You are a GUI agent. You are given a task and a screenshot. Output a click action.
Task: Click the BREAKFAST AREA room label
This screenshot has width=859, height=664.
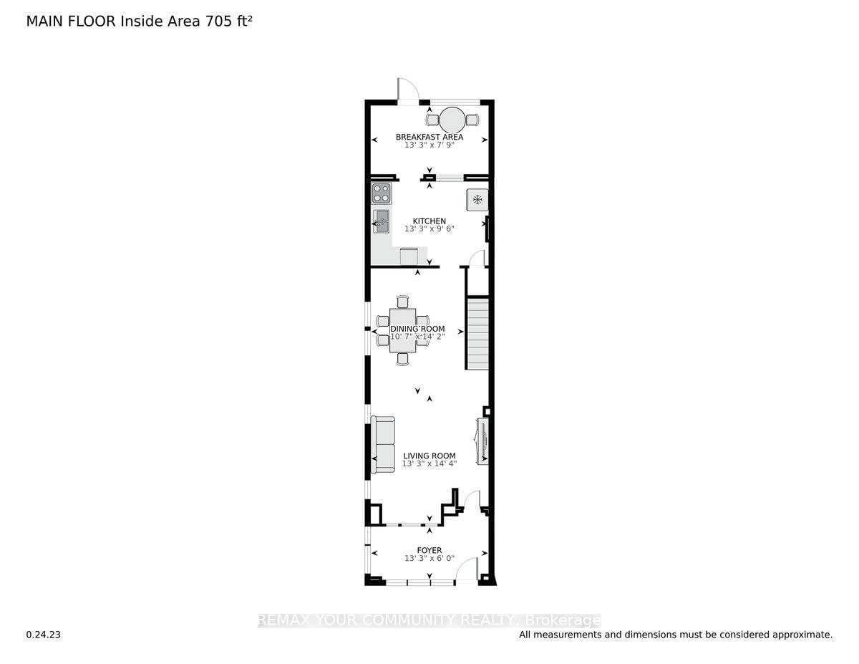click(x=429, y=137)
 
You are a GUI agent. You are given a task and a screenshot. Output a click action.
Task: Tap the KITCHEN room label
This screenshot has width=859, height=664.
click(x=429, y=221)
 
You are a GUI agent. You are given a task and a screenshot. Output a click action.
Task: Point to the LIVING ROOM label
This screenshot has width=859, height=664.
click(x=429, y=456)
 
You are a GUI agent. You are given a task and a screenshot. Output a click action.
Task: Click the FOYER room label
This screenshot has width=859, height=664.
click(x=429, y=550)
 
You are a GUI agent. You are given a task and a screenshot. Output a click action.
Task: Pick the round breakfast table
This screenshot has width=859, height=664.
click(x=452, y=119)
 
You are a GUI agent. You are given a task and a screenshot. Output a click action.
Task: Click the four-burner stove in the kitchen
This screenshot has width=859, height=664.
click(x=382, y=193)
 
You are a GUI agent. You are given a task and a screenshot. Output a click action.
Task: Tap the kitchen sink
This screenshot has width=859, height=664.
click(x=381, y=221)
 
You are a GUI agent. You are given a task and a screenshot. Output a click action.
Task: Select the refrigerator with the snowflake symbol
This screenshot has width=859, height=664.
click(x=477, y=200)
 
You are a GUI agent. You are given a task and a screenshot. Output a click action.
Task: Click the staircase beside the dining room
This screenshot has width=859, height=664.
click(x=477, y=335)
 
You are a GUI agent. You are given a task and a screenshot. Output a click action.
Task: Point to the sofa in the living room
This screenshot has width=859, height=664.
click(x=382, y=446)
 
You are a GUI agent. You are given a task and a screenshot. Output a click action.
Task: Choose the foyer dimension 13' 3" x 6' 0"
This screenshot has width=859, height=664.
click(x=429, y=559)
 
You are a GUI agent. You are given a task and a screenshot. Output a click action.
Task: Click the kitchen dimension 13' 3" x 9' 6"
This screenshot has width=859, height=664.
click(x=429, y=229)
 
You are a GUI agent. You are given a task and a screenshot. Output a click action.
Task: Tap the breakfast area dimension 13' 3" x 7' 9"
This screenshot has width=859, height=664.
click(x=429, y=145)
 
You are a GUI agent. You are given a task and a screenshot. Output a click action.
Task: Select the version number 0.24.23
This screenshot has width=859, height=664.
click(x=44, y=635)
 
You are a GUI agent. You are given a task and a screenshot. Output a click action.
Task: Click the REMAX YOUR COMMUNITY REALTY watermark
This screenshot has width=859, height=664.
click(x=429, y=620)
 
